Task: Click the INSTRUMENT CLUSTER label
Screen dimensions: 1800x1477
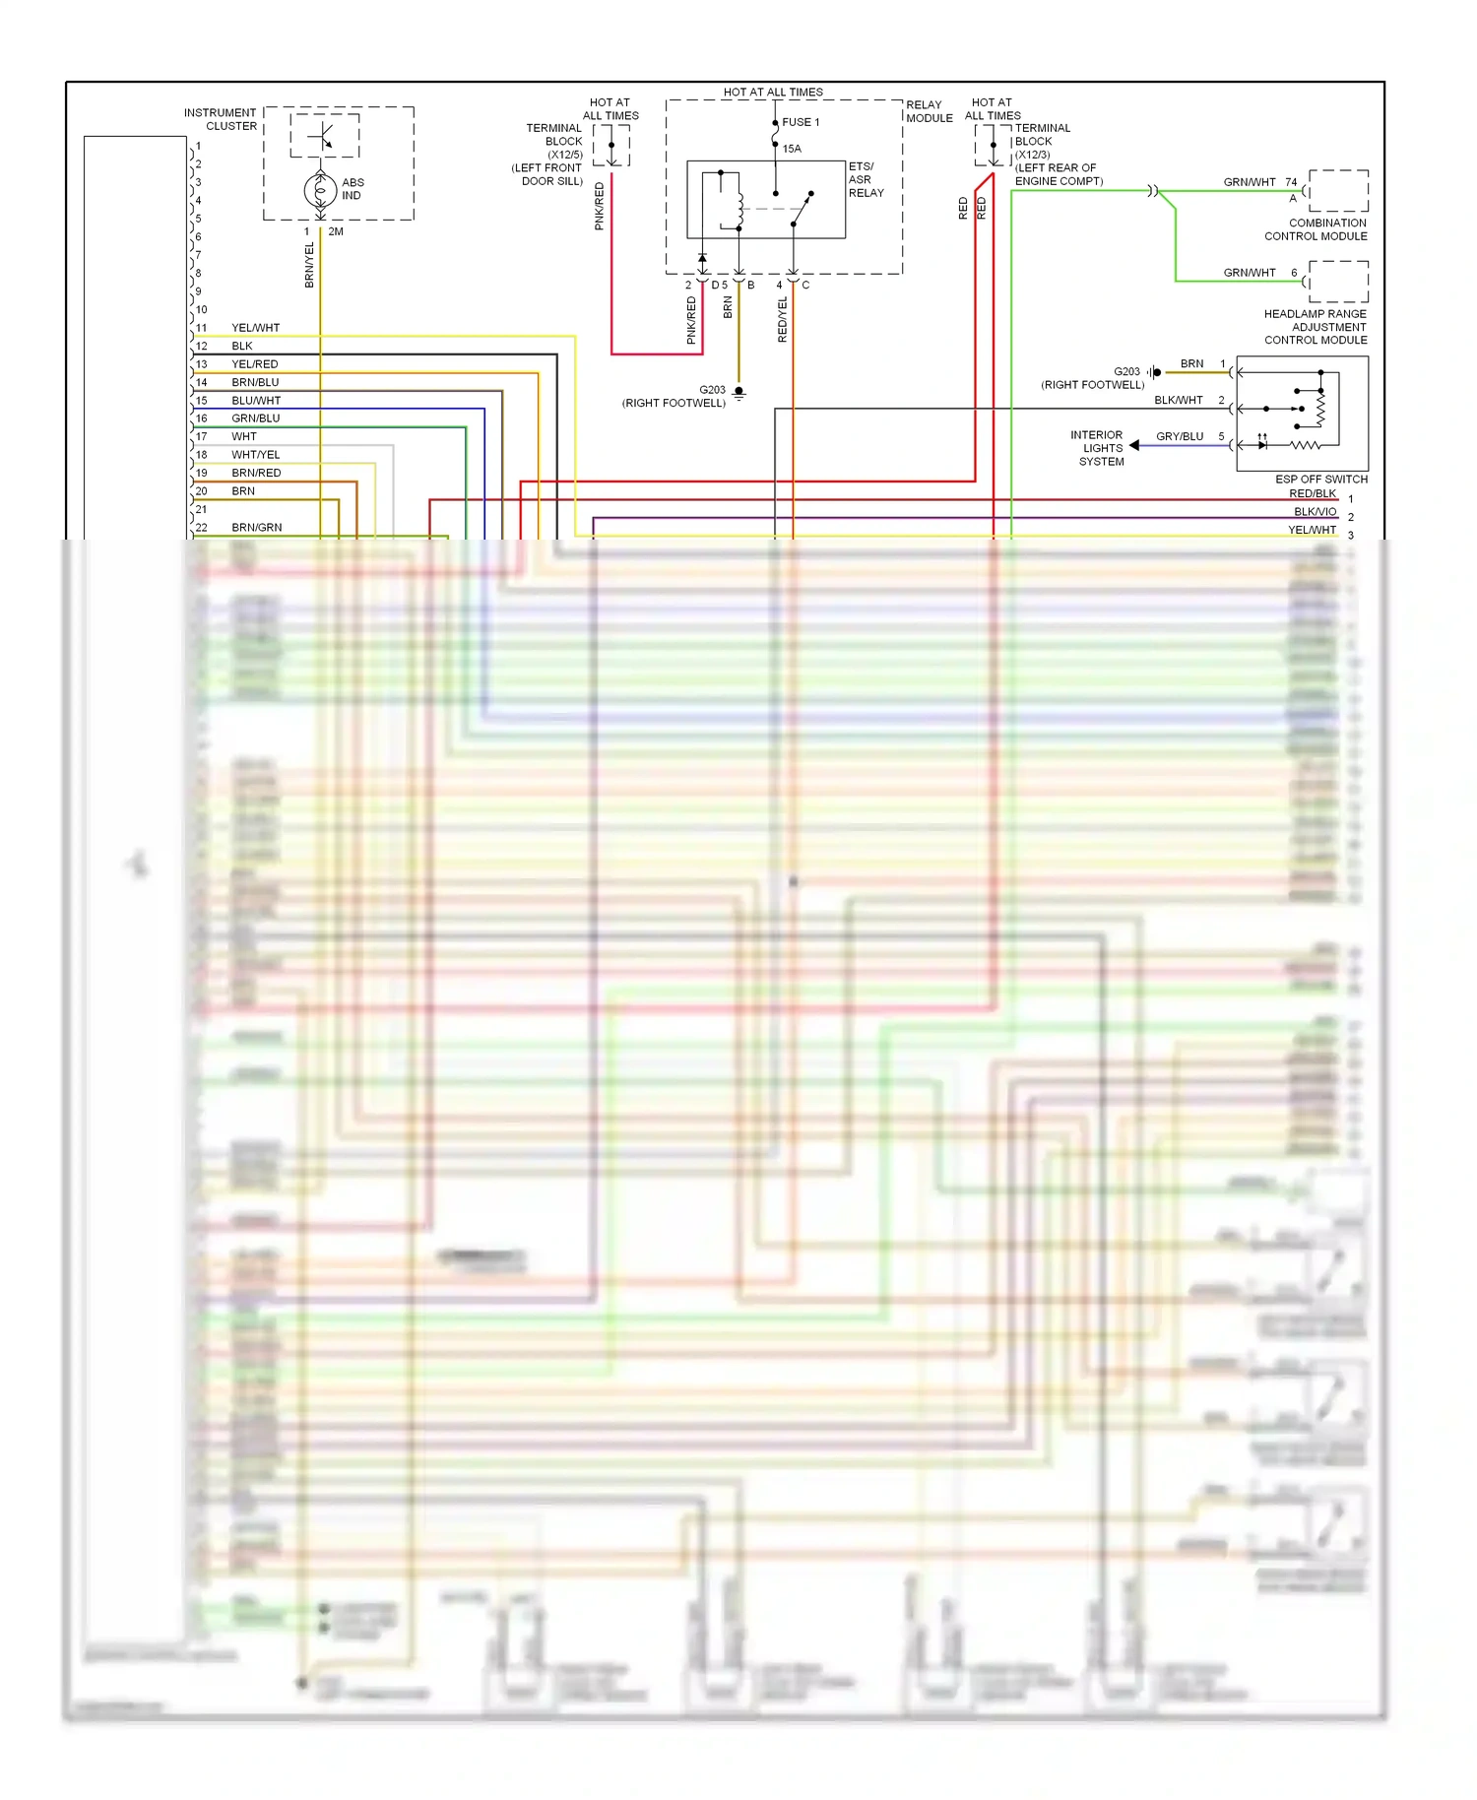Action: coord(220,119)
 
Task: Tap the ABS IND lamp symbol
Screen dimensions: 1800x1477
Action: coord(320,189)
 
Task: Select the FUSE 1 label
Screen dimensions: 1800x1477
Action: coord(801,122)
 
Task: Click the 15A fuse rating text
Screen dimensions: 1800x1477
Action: coord(792,149)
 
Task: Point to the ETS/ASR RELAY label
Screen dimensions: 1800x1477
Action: coord(866,179)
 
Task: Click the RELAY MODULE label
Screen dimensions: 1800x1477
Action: coord(929,111)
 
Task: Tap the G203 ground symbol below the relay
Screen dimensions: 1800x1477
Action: coord(739,393)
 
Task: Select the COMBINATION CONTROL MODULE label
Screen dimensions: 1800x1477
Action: coord(1316,229)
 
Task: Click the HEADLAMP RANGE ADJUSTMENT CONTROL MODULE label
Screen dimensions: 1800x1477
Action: coord(1316,327)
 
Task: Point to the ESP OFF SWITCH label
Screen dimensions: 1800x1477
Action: coord(1320,480)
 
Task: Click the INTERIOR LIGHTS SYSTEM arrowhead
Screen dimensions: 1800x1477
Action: coord(1134,446)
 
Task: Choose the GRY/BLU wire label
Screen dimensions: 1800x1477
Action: coord(1180,436)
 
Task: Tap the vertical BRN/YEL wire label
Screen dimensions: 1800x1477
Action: coord(309,265)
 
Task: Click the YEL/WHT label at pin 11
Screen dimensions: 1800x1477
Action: coord(256,328)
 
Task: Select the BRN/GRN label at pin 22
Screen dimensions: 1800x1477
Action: coord(257,528)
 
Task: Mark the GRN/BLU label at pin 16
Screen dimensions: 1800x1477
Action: coord(256,418)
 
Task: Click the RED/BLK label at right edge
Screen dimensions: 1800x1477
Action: coord(1313,493)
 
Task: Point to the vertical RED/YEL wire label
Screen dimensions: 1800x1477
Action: coord(783,320)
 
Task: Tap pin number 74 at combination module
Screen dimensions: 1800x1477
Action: coord(1291,182)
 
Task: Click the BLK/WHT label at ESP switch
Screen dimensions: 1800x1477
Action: coord(1179,401)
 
